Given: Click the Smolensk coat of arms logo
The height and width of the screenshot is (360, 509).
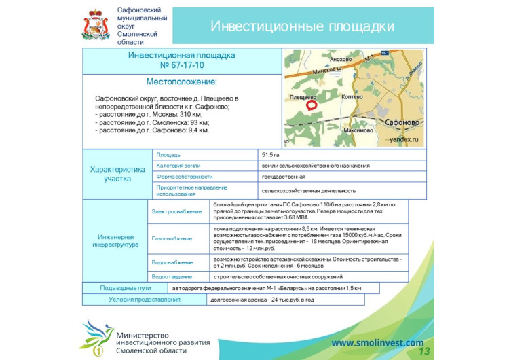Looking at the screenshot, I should coord(95,25).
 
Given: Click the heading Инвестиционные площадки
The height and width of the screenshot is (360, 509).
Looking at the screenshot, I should coord(302,26).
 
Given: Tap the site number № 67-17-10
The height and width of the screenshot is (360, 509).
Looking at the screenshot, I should coord(181,66).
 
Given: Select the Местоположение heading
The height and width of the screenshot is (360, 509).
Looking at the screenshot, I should coord(181,82).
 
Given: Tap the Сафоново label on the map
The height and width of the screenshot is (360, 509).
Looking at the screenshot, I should coord(404,122).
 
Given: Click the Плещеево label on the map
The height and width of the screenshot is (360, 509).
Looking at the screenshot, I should coord(303,96).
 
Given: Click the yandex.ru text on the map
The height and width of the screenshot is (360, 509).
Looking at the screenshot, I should coord(404,139).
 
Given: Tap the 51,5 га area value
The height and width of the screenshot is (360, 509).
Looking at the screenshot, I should coord(271,155).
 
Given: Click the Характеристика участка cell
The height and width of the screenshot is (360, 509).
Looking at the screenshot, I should coord(117,174).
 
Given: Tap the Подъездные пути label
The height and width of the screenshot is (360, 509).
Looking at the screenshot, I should coord(125,288).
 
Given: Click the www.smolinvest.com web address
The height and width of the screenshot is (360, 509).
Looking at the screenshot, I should coord(377,343).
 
